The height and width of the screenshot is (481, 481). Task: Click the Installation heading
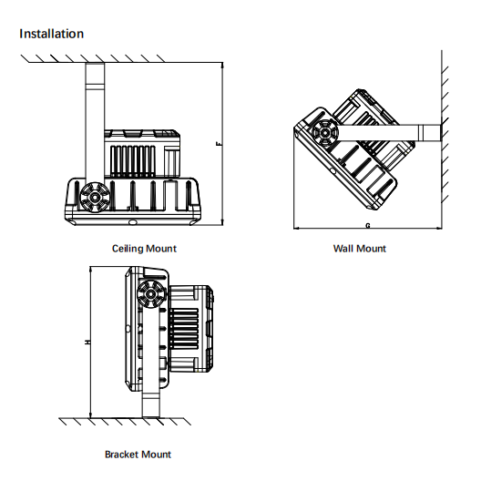(52, 34)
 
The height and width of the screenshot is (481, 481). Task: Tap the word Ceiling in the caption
(127, 249)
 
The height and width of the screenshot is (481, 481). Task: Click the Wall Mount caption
(360, 249)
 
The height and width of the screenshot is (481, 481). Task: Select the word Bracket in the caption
(120, 455)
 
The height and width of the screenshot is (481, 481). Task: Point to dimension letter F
(219, 143)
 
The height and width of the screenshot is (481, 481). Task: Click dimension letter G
(368, 226)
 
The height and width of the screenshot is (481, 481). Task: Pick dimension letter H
(87, 342)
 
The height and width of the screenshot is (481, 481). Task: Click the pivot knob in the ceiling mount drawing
(95, 198)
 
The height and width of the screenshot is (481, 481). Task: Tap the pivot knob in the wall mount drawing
(324, 133)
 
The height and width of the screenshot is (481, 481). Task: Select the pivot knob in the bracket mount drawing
(150, 294)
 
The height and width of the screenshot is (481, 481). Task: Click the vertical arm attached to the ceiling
(95, 123)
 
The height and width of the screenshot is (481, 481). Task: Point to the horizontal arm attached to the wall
(389, 133)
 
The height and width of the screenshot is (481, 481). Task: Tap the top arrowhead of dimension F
(222, 65)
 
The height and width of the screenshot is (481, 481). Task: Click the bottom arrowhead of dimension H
(90, 414)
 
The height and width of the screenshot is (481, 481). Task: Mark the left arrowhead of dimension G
(297, 229)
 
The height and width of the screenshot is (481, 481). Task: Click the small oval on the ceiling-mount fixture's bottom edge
(133, 221)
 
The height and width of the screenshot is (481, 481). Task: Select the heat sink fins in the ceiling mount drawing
(132, 161)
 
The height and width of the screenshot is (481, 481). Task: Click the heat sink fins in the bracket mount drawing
(184, 329)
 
